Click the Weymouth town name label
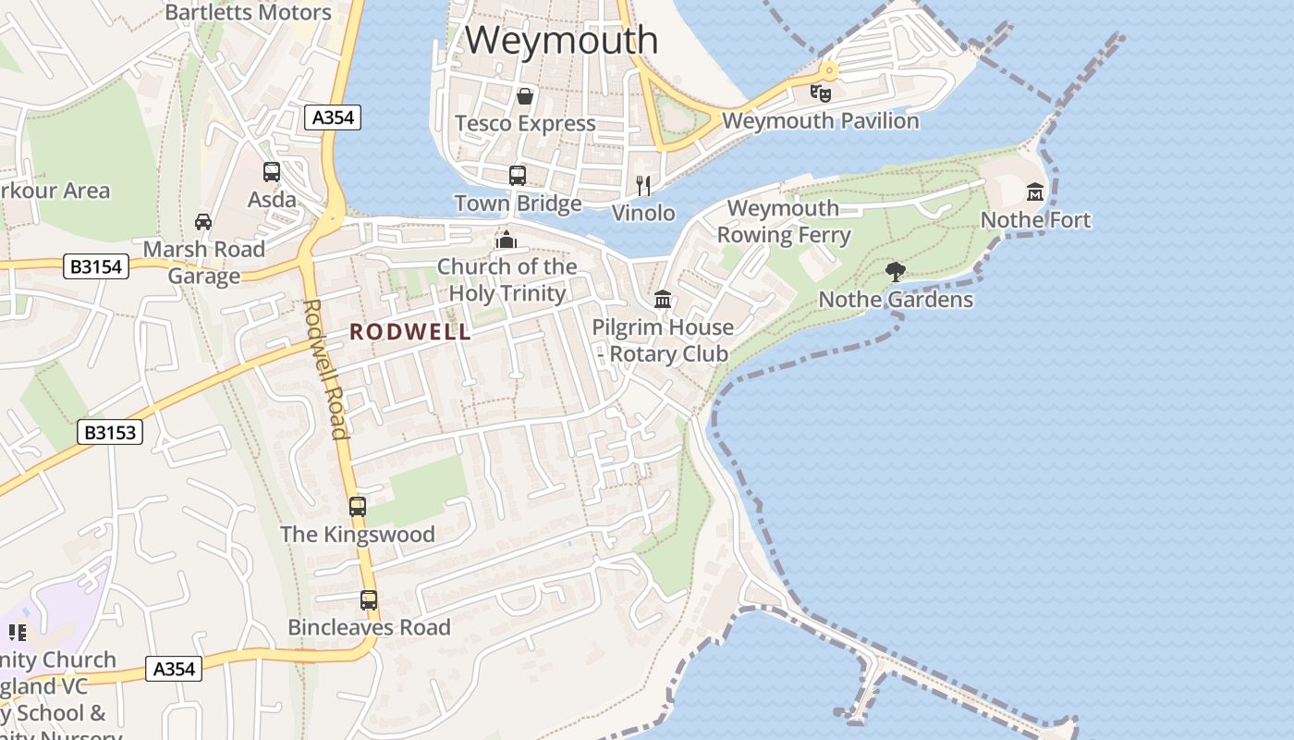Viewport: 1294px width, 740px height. pos(561,41)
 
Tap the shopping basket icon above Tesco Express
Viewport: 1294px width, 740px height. pos(525,95)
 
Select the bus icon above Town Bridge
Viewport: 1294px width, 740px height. pos(518,175)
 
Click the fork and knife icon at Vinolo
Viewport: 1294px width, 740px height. pos(644,186)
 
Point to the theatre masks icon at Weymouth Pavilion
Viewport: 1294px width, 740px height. pos(821,92)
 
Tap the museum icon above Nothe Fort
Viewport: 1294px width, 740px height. pos(1035,192)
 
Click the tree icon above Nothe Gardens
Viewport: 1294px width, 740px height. pos(895,271)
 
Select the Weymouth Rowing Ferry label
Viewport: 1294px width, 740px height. pos(784,222)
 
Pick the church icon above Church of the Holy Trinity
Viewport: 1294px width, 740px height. pos(506,240)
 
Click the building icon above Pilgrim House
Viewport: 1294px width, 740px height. pos(663,299)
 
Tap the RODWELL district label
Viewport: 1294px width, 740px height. pos(410,332)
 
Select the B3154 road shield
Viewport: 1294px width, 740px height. pos(96,267)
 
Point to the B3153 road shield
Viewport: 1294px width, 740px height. pos(110,432)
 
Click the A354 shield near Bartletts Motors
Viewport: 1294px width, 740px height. pos(333,117)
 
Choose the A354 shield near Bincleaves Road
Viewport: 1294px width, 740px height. pos(174,669)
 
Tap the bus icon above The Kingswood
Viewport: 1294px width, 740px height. pos(358,506)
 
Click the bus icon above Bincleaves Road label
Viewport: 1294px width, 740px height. pos(369,599)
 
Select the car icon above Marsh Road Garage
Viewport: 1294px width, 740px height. pos(203,221)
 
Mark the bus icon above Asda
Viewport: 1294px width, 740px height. pos(272,171)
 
